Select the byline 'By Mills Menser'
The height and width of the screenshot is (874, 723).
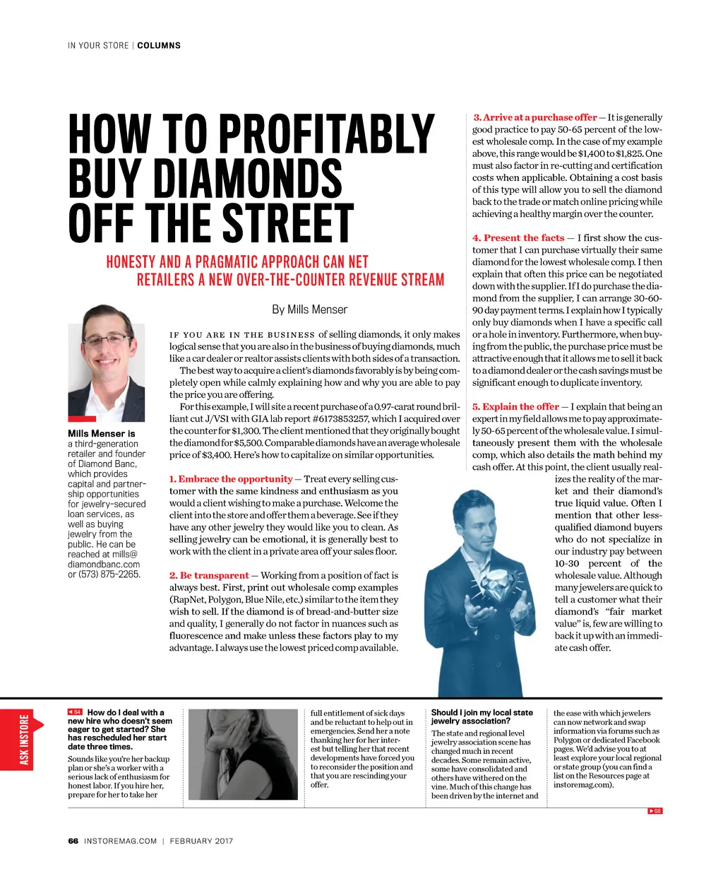[309, 309]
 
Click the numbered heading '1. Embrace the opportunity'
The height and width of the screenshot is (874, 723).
[231, 479]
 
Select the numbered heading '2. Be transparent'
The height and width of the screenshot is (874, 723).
[209, 575]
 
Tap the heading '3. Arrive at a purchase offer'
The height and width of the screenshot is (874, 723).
[534, 117]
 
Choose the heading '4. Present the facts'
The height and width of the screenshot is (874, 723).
[518, 238]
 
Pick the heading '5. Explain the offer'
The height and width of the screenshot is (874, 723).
[515, 406]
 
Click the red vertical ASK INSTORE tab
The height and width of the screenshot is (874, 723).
[25, 740]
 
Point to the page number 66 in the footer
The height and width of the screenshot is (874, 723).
[73, 841]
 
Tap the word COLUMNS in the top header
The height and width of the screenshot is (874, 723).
[159, 45]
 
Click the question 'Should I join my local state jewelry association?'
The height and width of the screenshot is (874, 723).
[482, 716]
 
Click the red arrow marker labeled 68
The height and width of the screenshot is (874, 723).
[655, 810]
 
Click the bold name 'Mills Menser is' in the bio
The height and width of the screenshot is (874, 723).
[101, 433]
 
